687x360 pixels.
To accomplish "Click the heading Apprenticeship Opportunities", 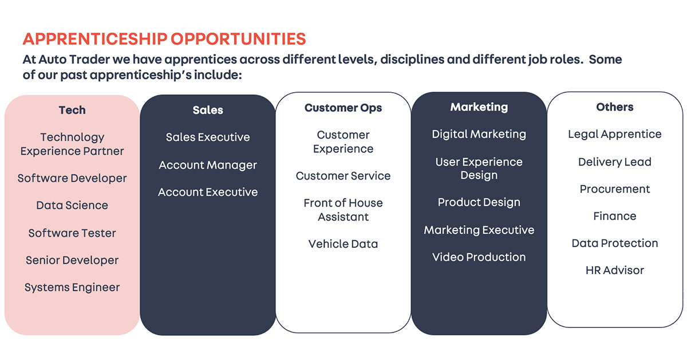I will (x=164, y=39).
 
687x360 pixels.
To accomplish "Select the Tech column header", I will (x=72, y=110).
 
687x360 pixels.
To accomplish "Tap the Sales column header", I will (x=208, y=110).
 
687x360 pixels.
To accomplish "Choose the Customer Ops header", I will (x=343, y=108).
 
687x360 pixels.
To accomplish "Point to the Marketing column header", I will (x=479, y=107).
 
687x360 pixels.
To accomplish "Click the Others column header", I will (x=614, y=107).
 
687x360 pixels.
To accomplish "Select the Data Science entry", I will (x=72, y=205).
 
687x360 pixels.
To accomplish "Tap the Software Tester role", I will (x=72, y=233).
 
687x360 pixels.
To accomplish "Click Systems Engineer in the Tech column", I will (x=72, y=287).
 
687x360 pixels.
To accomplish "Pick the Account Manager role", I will (x=208, y=165).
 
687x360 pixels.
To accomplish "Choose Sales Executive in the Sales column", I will (x=208, y=137).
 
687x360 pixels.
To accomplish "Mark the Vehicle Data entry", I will (x=343, y=244).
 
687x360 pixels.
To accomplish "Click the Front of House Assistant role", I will (x=343, y=209).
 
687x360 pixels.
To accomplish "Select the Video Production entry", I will (x=479, y=257).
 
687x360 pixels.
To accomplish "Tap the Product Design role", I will (x=479, y=203).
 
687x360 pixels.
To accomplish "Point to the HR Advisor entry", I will (x=614, y=270).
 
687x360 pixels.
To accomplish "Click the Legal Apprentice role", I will (x=614, y=134).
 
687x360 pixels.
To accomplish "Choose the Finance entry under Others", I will (x=614, y=216).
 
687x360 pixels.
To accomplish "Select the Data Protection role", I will (x=614, y=243).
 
